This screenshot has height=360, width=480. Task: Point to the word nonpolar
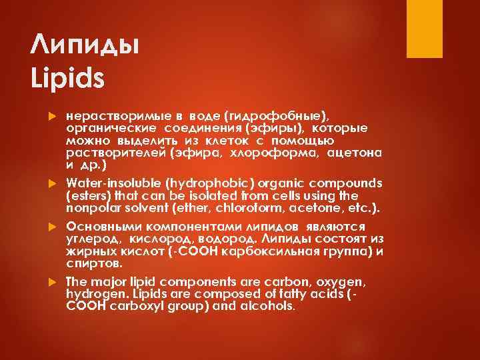94,209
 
